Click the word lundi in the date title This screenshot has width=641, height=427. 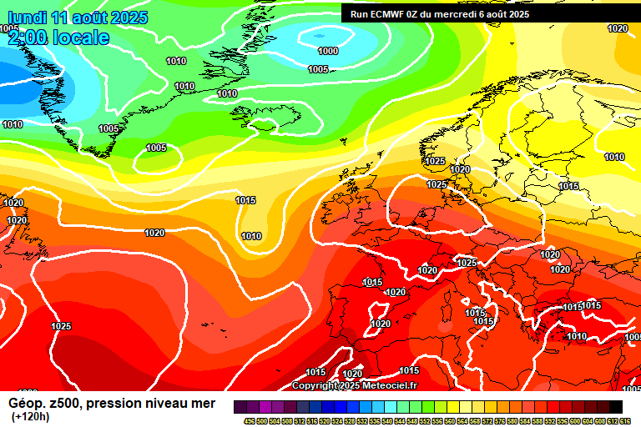click(24, 18)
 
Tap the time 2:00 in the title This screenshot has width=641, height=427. click(28, 38)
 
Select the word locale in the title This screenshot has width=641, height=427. click(81, 38)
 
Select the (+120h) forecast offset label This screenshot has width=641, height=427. click(30, 416)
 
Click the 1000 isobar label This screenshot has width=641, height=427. click(328, 51)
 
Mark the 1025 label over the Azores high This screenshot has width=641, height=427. click(61, 326)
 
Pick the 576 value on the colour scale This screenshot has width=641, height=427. click(498, 420)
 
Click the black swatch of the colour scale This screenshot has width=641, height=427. click(615, 406)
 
